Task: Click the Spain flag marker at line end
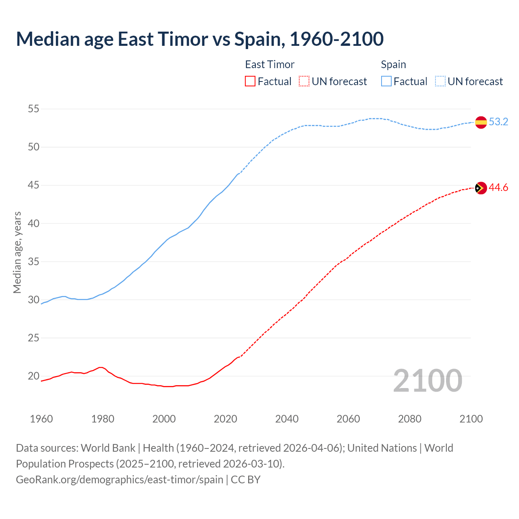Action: (481, 122)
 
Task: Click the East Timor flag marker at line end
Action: (481, 188)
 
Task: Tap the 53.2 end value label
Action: (498, 122)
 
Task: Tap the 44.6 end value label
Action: (498, 188)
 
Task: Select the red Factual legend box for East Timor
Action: (250, 81)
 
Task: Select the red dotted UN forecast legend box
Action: (304, 81)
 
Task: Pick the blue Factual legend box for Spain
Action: (386, 81)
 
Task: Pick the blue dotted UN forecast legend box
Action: (440, 81)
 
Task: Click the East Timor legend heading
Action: (270, 64)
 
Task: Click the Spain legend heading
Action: (393, 64)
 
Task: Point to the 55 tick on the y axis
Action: (34, 109)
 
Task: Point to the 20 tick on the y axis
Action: (34, 376)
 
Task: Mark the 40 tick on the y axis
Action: (34, 223)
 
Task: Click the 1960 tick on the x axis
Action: (41, 419)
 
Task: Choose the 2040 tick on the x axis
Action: (287, 419)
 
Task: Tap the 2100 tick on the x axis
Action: (471, 419)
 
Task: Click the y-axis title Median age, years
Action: (17, 252)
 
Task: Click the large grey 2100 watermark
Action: (427, 380)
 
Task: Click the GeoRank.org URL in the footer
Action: (120, 480)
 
